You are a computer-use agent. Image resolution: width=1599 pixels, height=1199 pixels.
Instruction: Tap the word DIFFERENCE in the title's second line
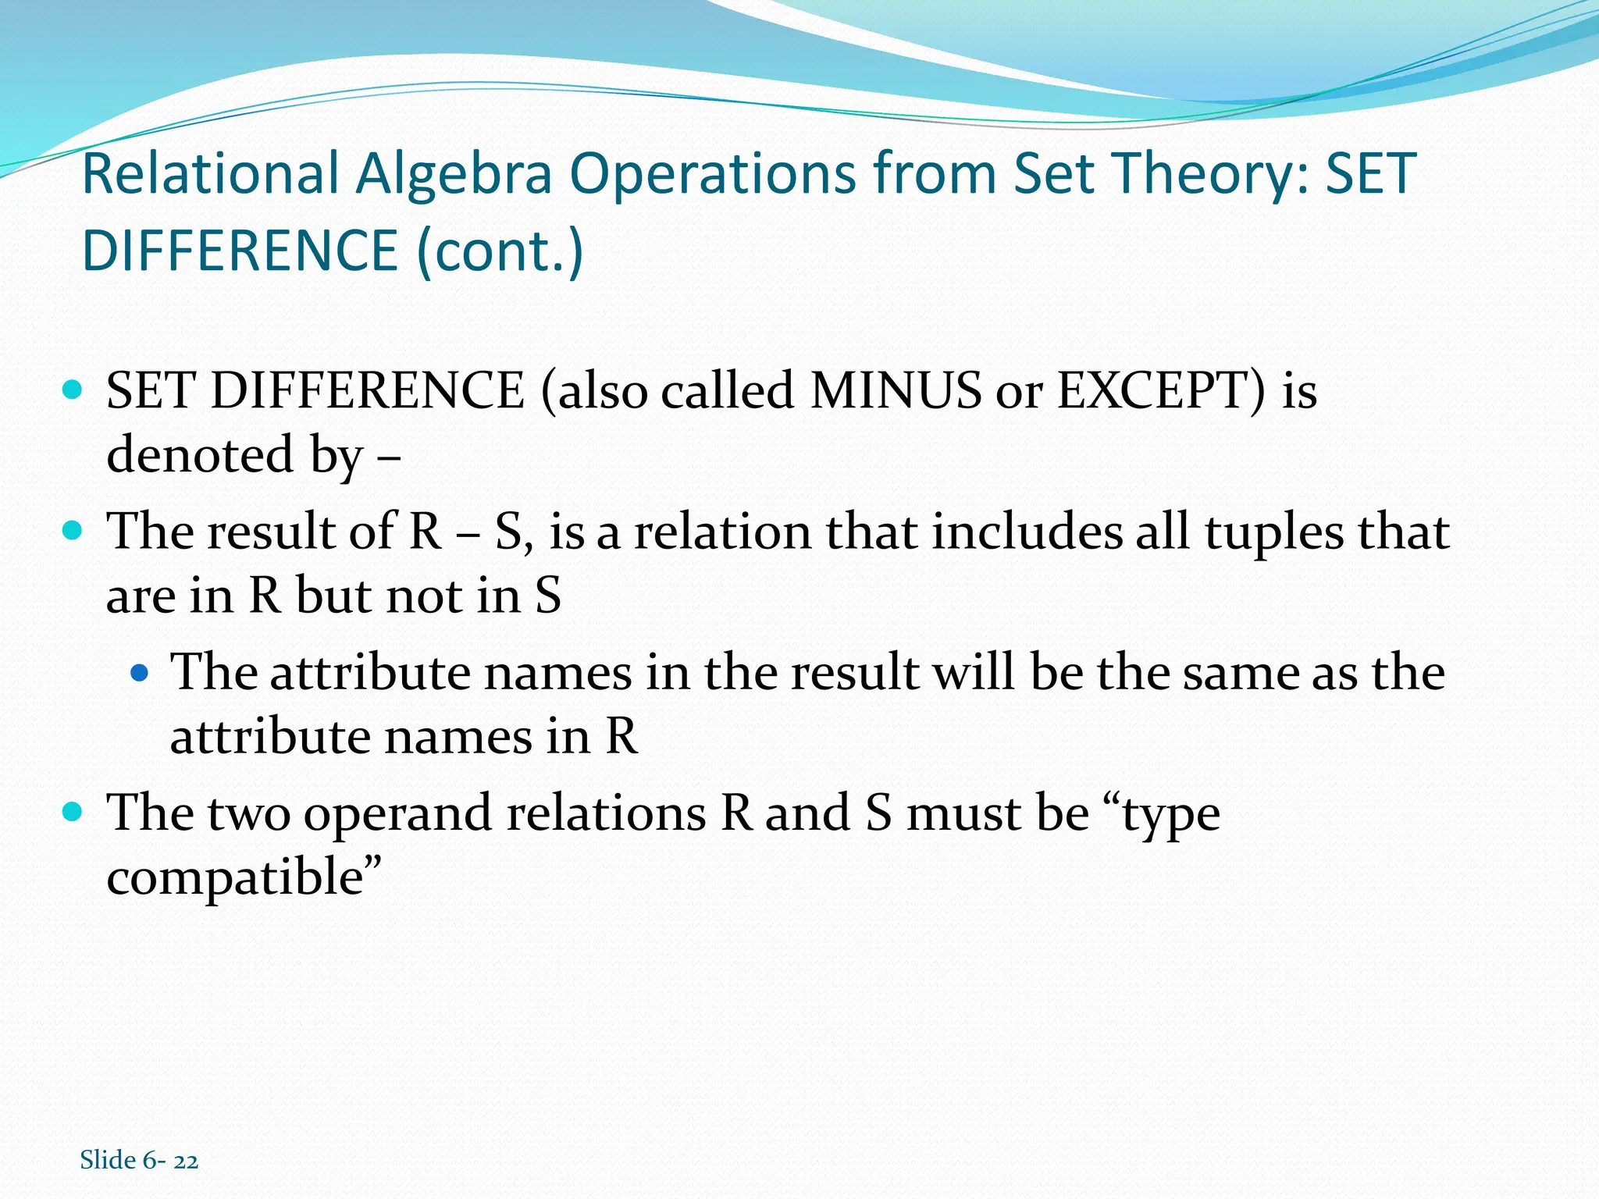pyautogui.click(x=240, y=251)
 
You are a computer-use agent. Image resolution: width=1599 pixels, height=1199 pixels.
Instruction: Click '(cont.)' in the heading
pyautogui.click(x=500, y=251)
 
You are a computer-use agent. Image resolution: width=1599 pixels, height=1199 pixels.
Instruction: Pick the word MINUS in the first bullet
pyautogui.click(x=896, y=390)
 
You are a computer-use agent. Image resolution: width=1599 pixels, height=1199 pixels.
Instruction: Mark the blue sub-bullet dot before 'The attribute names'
pyautogui.click(x=139, y=671)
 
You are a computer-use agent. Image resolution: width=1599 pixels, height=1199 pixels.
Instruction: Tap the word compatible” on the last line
pyautogui.click(x=244, y=877)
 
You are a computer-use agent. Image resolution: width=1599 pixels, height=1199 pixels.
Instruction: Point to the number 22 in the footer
pyautogui.click(x=186, y=1161)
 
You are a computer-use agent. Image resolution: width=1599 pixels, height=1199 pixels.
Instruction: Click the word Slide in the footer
pyautogui.click(x=108, y=1160)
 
